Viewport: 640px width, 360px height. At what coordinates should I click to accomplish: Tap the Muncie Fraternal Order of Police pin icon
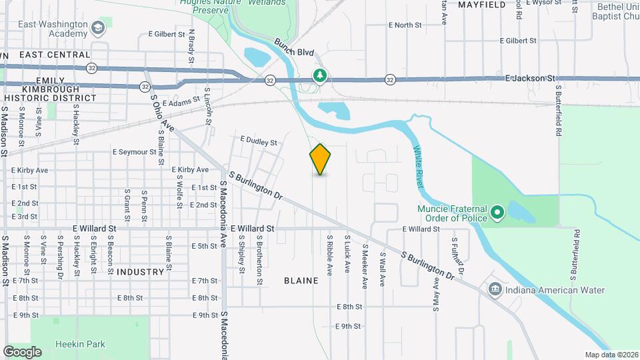[497, 213]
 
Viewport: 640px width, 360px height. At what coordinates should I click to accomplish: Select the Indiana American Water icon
[495, 289]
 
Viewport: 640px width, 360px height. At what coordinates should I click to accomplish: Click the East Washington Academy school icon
[98, 27]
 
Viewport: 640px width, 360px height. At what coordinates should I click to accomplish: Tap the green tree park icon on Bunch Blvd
[321, 75]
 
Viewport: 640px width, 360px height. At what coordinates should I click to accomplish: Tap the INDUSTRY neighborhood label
[140, 272]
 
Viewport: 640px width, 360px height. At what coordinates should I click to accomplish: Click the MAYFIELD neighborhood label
[482, 5]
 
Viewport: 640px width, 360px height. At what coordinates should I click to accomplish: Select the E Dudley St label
[259, 141]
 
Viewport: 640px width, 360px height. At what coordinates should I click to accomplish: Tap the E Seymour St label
[139, 152]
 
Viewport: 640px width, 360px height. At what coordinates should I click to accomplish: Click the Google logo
[22, 351]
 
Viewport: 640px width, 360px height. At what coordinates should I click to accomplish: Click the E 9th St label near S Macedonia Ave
[205, 315]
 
